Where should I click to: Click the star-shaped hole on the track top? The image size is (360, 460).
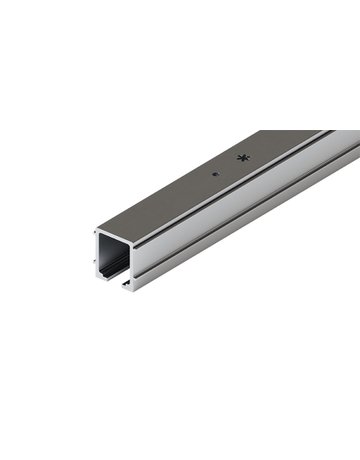click(241, 158)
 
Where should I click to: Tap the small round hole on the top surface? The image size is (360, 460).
click(215, 172)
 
